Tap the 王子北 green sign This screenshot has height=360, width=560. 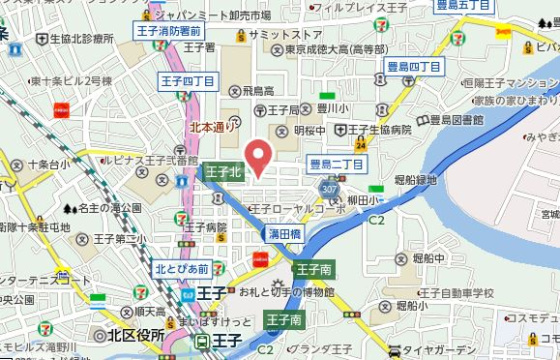click(x=223, y=172)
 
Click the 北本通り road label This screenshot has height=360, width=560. click(x=212, y=126)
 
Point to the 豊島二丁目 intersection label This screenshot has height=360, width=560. click(x=336, y=165)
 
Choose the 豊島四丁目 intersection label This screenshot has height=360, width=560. click(x=413, y=66)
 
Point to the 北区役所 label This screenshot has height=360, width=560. click(x=130, y=335)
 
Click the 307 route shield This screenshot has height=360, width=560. click(x=331, y=187)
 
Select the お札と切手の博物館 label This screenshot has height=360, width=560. click(x=286, y=291)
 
